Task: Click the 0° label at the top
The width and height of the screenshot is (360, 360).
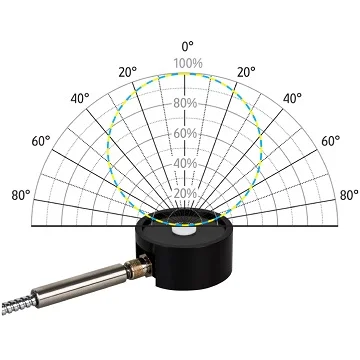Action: [188, 46]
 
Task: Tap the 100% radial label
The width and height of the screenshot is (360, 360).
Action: [188, 63]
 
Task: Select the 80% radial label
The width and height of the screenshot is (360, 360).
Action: [185, 103]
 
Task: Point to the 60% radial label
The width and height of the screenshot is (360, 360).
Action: [185, 134]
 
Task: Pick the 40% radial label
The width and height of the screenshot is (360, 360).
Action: [185, 164]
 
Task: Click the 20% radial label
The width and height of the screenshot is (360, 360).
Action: [185, 194]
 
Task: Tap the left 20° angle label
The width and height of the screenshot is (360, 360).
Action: [128, 72]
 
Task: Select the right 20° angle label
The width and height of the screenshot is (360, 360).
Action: [246, 72]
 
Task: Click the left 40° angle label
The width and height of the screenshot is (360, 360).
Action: [80, 98]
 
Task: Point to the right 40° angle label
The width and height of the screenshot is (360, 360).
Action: [292, 98]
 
